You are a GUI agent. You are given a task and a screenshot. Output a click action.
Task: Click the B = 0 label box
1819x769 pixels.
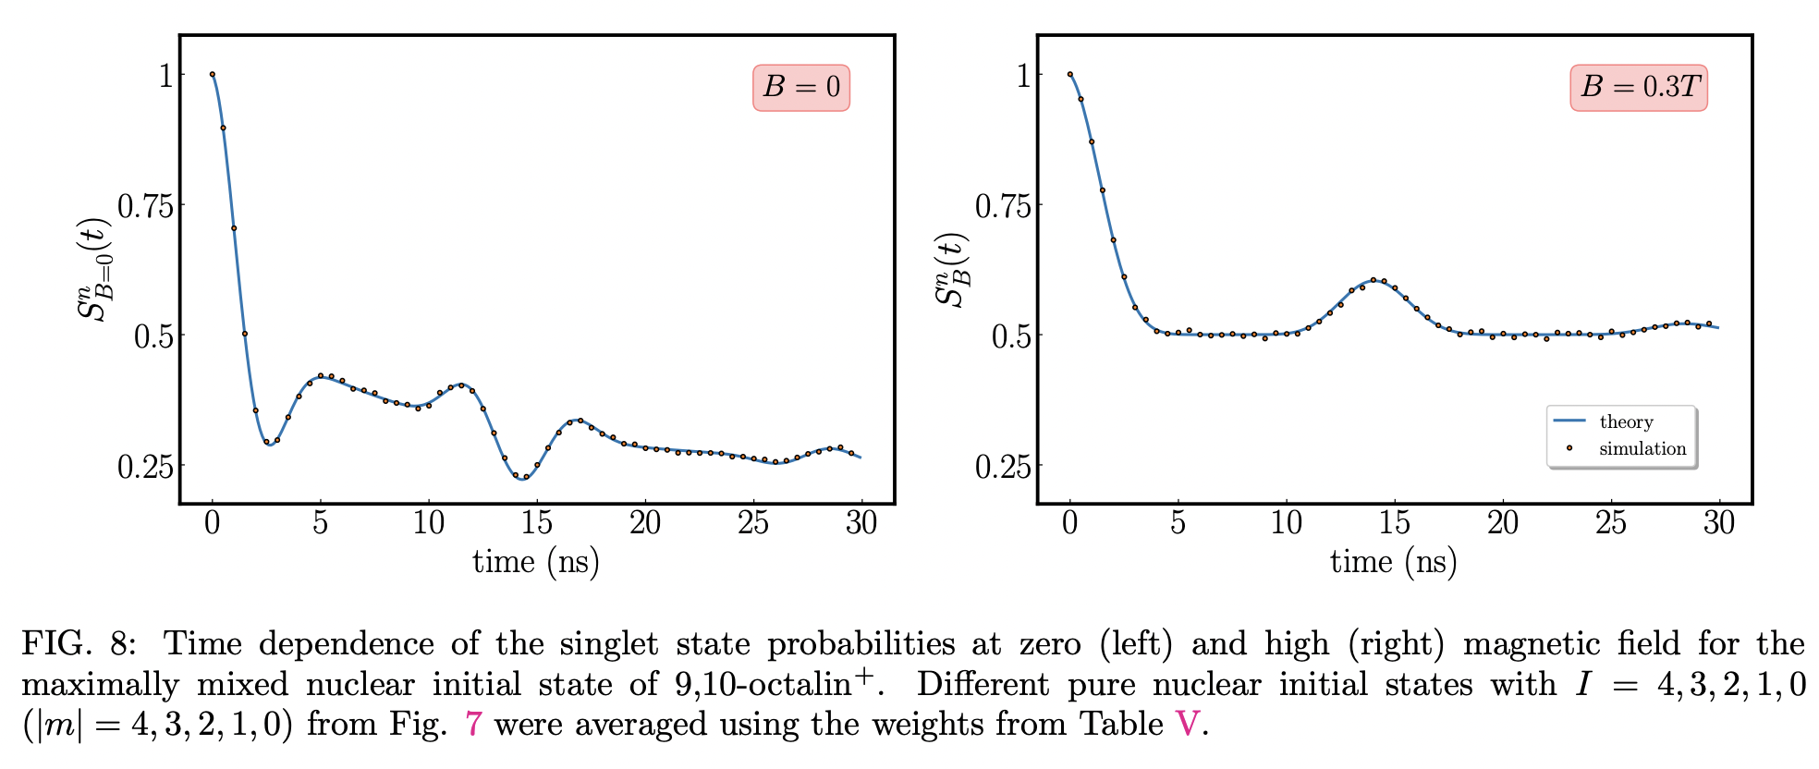(800, 88)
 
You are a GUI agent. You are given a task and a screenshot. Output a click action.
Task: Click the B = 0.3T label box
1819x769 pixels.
(1638, 88)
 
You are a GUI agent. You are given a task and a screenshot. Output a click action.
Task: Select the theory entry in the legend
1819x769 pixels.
(1625, 421)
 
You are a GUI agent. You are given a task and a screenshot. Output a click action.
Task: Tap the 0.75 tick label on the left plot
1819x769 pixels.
(145, 206)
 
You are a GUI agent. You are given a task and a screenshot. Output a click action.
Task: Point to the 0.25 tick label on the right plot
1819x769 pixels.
(1003, 467)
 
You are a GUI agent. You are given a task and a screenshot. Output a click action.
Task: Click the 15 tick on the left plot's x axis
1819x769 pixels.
(536, 523)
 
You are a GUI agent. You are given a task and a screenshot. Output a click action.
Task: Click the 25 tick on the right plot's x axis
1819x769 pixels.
(1610, 523)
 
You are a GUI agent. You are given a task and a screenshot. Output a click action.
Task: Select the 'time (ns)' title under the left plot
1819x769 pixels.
(536, 562)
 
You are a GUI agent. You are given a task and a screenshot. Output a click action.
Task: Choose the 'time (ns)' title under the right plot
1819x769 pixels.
(1394, 562)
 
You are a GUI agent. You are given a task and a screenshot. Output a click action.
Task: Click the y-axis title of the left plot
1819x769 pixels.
(93, 270)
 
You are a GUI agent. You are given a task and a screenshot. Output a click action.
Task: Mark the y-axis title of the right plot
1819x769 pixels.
(951, 270)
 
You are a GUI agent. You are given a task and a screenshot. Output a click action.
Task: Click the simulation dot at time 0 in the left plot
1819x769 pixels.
(213, 75)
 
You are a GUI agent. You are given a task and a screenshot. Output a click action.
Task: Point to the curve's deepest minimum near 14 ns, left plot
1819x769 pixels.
(522, 478)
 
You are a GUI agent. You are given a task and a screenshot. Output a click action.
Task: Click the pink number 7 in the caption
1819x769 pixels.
(473, 724)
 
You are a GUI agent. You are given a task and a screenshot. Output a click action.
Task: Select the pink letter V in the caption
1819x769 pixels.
(1187, 724)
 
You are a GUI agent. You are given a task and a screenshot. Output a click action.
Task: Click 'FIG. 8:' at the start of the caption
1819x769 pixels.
(79, 644)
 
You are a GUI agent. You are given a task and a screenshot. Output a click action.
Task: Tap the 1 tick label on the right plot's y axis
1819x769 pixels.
(1022, 75)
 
